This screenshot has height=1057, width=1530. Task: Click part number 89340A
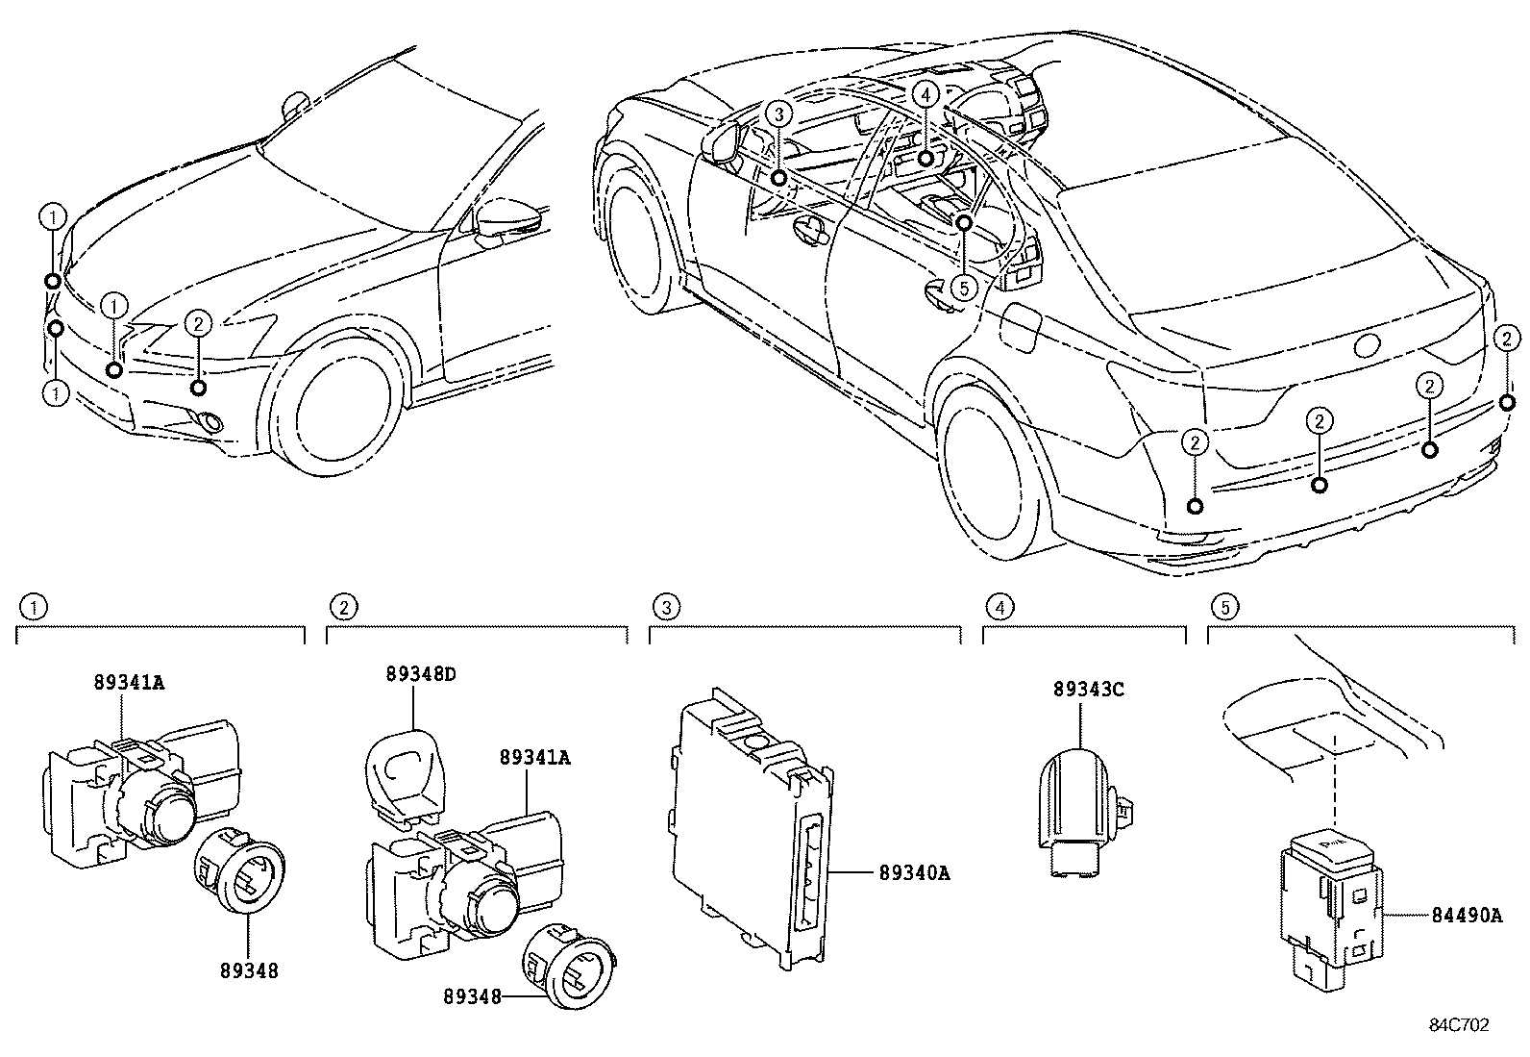[x=914, y=873]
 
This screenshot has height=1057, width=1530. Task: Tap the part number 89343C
[x=1088, y=690]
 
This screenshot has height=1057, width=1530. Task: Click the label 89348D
[x=421, y=674]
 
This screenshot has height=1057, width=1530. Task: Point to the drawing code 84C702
[x=1458, y=1025]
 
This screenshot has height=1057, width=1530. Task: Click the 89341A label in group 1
[x=129, y=683]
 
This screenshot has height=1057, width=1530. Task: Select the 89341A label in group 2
[x=534, y=758]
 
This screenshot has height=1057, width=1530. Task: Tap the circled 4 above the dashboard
[x=925, y=94]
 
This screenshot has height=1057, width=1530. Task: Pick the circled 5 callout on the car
[x=965, y=287]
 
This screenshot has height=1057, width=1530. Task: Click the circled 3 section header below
[x=665, y=607]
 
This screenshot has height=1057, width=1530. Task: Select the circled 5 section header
[x=1223, y=607]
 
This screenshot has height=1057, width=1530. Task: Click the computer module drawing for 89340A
[x=750, y=827]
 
